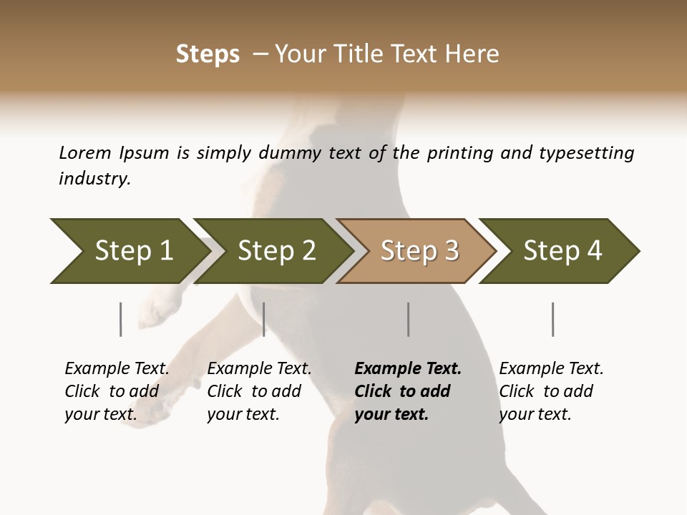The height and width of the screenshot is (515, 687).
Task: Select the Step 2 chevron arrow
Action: (x=276, y=251)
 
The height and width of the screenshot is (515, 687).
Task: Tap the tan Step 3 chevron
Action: (x=419, y=251)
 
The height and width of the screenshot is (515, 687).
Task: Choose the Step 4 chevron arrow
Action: (x=562, y=251)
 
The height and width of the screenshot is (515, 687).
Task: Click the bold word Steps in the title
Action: (x=208, y=54)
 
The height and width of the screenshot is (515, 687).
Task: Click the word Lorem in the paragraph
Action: (x=85, y=153)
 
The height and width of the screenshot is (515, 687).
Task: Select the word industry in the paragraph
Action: (x=94, y=179)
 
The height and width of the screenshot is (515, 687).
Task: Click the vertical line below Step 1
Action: (x=121, y=319)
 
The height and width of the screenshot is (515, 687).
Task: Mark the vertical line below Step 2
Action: (x=264, y=319)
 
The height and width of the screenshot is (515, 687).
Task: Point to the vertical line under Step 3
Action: (x=409, y=319)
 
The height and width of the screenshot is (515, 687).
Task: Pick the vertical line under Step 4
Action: (x=553, y=319)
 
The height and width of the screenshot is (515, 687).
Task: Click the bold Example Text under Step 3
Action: (x=408, y=369)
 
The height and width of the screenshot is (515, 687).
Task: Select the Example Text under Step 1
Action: (x=117, y=369)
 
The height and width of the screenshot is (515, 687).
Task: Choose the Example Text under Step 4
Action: (x=551, y=369)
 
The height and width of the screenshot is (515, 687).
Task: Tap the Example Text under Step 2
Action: (x=259, y=369)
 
